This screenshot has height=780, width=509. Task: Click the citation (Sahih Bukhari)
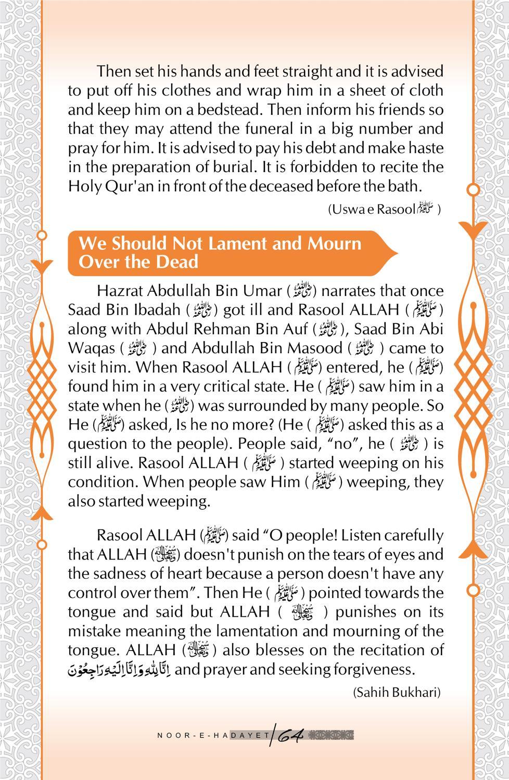(x=397, y=693)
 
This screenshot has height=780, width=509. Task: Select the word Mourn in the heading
(x=335, y=243)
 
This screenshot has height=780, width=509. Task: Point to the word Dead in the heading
(x=176, y=262)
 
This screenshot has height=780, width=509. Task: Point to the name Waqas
(x=90, y=348)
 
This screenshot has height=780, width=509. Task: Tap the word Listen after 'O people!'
(x=363, y=535)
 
